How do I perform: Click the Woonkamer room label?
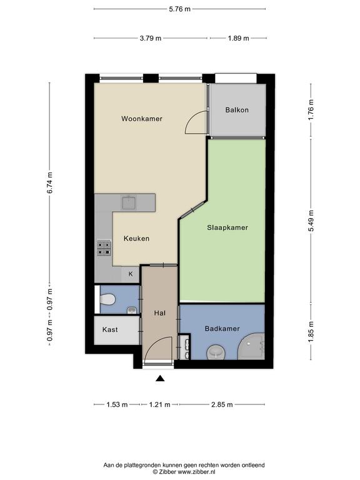click(142, 119)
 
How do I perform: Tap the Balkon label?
click(237, 109)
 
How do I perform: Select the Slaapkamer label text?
click(227, 227)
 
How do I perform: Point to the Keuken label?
click(136, 238)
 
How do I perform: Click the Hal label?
click(160, 313)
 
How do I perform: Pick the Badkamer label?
click(222, 329)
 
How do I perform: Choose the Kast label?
click(110, 329)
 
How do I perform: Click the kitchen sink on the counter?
click(129, 202)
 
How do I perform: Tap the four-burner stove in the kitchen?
click(104, 248)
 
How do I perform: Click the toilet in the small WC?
click(107, 299)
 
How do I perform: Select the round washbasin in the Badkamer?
click(216, 352)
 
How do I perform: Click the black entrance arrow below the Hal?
click(160, 379)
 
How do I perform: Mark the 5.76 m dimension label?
click(180, 9)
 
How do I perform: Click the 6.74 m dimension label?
click(49, 182)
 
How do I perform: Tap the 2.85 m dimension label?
click(222, 405)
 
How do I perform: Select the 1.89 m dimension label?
click(239, 38)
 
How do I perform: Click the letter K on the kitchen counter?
click(131, 274)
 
